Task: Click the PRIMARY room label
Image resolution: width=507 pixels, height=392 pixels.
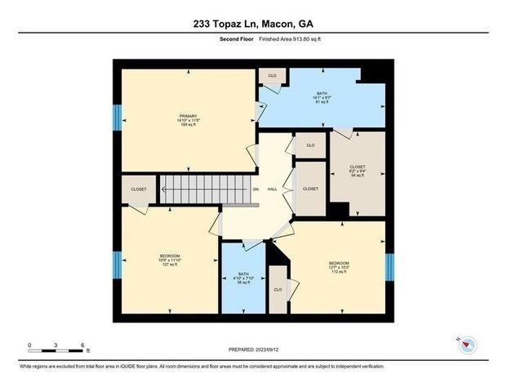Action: [189, 116]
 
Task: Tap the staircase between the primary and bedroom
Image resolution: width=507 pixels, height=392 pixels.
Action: [203, 190]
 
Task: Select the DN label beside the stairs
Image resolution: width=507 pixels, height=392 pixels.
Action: [256, 190]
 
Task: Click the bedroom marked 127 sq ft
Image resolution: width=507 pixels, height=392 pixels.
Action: [169, 260]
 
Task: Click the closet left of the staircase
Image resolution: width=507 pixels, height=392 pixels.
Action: [139, 189]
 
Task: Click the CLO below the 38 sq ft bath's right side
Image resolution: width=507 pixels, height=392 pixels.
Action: [278, 290]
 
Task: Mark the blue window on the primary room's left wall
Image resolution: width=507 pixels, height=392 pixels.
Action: [117, 116]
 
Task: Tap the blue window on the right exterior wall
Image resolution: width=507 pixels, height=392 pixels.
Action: [389, 265]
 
